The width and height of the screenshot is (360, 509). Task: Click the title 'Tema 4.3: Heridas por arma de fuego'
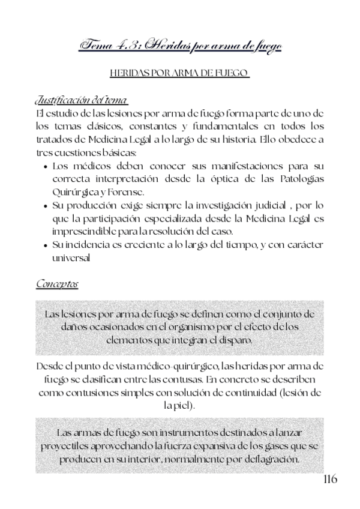pos(180,46)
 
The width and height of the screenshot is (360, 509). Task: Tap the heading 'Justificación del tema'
pos(81,99)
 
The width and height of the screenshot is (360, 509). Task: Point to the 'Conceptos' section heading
pos(57,282)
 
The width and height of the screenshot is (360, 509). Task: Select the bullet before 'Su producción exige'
pos(47,205)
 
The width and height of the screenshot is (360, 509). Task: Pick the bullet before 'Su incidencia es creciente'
pos(47,245)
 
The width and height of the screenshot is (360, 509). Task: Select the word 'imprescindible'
pos(85,232)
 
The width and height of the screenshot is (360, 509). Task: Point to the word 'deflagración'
pos(269,459)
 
